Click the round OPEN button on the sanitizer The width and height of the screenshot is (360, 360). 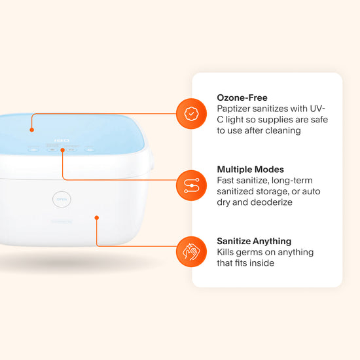point(62,199)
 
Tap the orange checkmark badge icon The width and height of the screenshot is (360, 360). point(191,113)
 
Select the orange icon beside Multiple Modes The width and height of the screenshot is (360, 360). point(191,185)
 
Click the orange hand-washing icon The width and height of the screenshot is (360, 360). point(191,251)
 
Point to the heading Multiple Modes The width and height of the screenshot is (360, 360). point(251,169)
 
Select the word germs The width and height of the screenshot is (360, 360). point(254,252)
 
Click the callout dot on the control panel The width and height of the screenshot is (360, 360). point(63,150)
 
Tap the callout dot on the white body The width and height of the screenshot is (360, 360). point(96,217)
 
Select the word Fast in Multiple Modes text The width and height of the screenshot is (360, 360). point(226,180)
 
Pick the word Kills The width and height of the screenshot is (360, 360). point(227,252)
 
